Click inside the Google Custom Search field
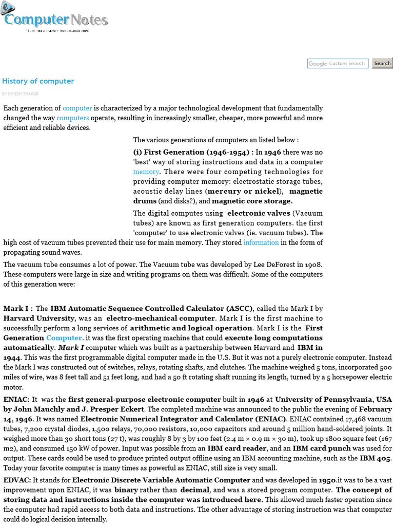[x=337, y=64]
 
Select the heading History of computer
[x=38, y=81]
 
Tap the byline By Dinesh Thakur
[x=20, y=94]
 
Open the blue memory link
[x=146, y=172]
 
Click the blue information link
[x=261, y=242]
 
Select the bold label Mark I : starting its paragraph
[x=18, y=309]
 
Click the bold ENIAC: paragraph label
[x=16, y=399]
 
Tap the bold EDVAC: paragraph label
[x=17, y=480]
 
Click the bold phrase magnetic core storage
[x=252, y=201]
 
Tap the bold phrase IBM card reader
[x=231, y=448]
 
